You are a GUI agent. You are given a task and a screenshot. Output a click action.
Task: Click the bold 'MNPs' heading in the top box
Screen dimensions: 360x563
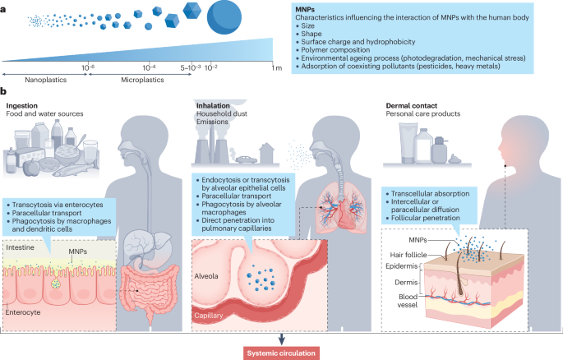point(307,7)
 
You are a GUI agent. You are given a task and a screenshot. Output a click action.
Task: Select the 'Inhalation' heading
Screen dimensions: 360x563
point(212,106)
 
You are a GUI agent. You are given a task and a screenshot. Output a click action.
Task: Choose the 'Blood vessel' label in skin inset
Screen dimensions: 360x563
point(405,303)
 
